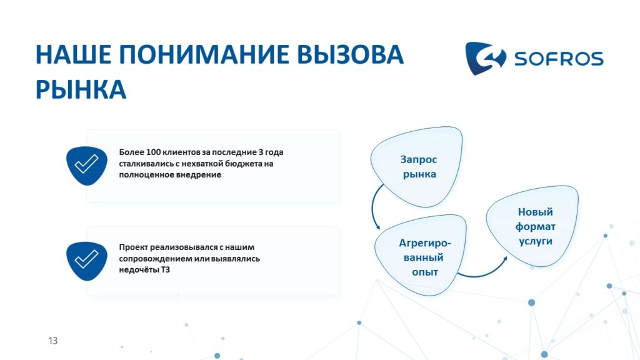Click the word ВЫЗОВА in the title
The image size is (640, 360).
click(x=350, y=54)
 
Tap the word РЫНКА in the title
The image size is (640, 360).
click(x=81, y=89)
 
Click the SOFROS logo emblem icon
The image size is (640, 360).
click(x=485, y=58)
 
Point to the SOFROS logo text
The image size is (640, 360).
click(x=559, y=59)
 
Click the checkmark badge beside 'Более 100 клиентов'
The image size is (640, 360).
click(x=86, y=165)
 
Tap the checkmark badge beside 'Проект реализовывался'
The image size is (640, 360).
click(x=86, y=261)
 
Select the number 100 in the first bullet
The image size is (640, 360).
click(x=153, y=152)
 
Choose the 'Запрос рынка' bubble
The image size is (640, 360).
click(x=417, y=166)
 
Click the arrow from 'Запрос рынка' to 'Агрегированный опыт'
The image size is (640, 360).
click(x=372, y=206)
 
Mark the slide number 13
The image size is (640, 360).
click(x=53, y=341)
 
